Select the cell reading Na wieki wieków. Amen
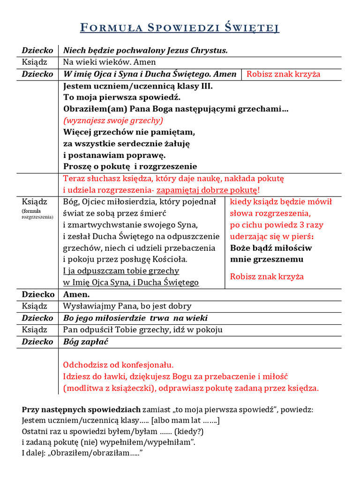click(110, 62)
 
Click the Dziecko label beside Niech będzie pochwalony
click(37, 51)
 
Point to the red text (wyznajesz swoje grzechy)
click(113, 120)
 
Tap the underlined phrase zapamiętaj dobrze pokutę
click(207, 190)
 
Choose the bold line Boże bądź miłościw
click(271, 248)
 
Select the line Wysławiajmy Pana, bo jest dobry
click(127, 306)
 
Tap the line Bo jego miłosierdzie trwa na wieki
click(135, 318)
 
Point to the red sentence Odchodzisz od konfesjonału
click(118, 365)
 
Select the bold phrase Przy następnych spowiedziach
click(81, 410)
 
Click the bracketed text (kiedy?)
click(187, 431)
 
